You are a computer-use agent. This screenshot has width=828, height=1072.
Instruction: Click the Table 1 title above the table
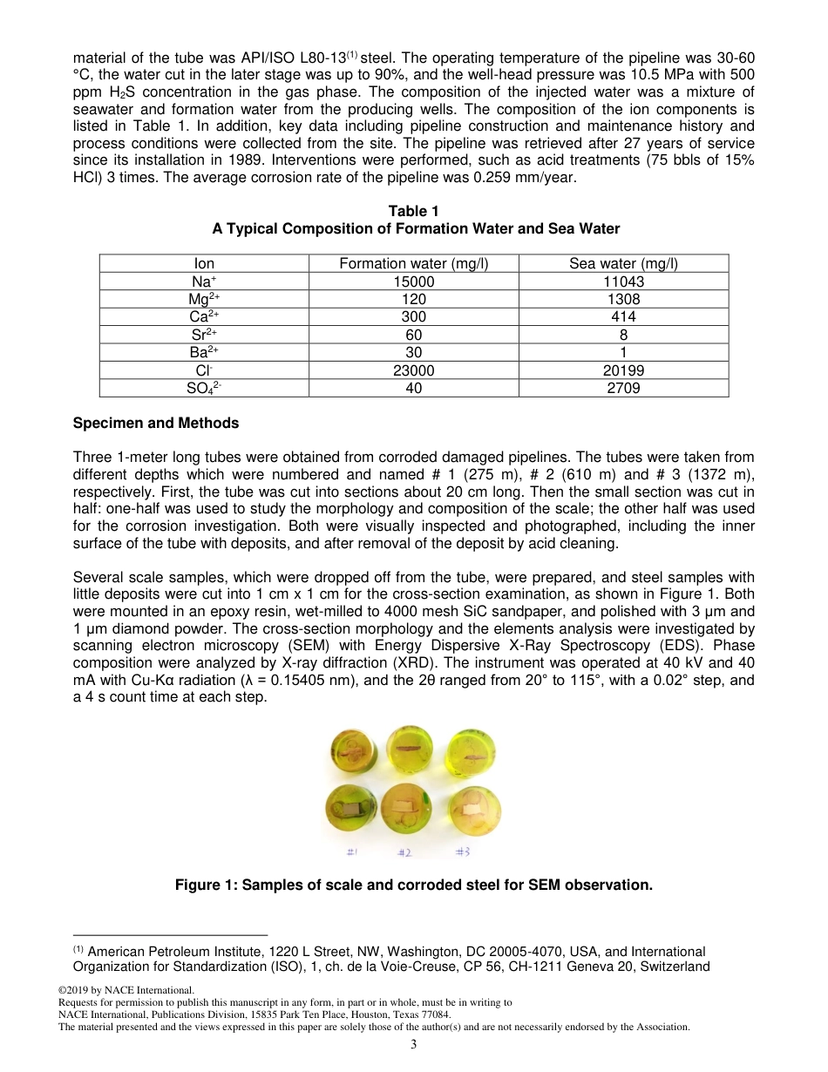pos(413,211)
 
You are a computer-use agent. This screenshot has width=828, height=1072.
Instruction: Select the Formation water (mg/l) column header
pos(413,263)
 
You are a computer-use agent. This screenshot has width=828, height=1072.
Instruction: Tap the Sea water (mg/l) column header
pos(622,263)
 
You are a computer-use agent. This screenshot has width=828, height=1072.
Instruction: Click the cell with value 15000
pos(413,282)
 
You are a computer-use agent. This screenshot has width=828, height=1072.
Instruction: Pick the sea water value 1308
pos(622,299)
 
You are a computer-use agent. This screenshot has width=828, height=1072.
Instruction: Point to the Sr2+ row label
pos(204,335)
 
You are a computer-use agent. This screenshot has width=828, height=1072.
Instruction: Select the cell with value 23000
pos(413,370)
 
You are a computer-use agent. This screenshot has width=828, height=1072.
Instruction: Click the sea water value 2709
pos(622,388)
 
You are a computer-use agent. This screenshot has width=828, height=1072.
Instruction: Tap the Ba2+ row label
pos(204,352)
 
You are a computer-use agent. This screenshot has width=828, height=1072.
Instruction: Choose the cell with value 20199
pos(622,370)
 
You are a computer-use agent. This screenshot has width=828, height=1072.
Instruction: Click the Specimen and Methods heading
pos(156,423)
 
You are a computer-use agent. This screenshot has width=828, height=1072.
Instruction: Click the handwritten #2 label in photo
pos(404,852)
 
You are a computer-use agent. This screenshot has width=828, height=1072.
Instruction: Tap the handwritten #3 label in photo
pos(463,851)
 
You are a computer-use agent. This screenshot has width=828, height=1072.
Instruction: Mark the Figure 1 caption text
pos(413,885)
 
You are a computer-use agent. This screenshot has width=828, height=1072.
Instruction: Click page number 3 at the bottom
pos(414,1044)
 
